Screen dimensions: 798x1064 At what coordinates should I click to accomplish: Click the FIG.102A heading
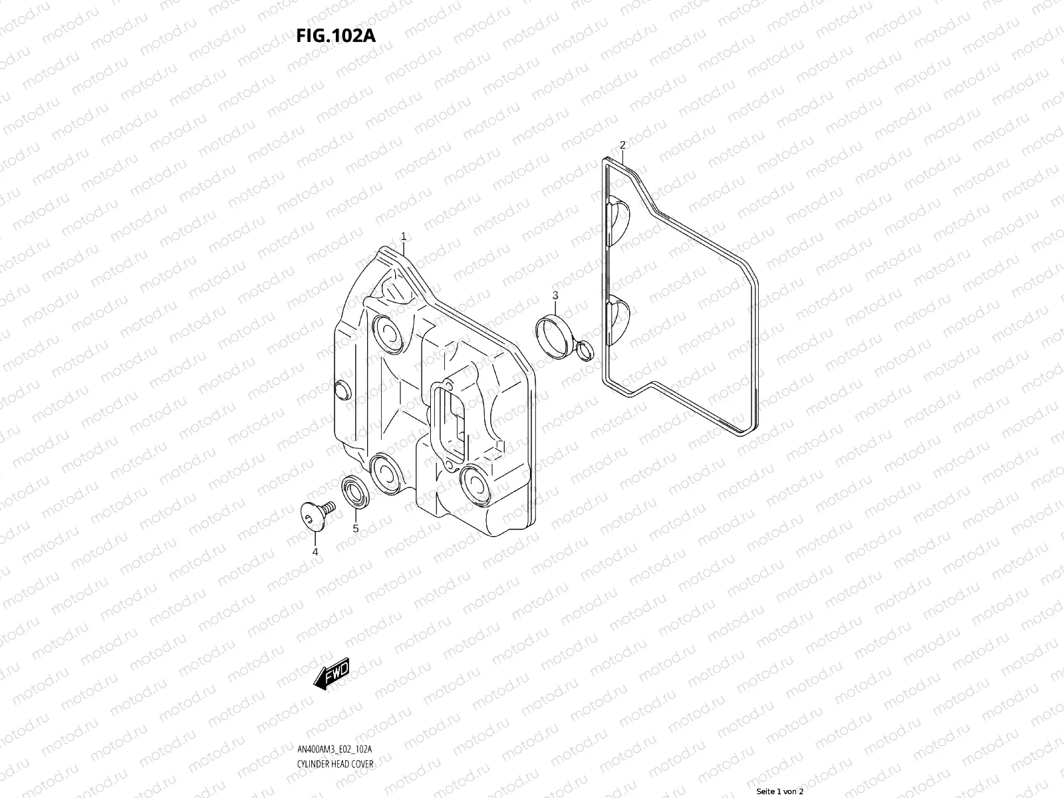click(336, 35)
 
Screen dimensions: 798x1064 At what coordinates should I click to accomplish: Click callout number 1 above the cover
click(403, 237)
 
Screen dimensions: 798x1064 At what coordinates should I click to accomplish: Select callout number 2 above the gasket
click(622, 145)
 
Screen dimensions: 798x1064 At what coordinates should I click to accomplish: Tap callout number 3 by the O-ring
click(555, 295)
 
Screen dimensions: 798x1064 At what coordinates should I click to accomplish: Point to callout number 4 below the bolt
click(315, 551)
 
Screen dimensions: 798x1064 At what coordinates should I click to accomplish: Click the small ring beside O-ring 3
click(583, 348)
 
